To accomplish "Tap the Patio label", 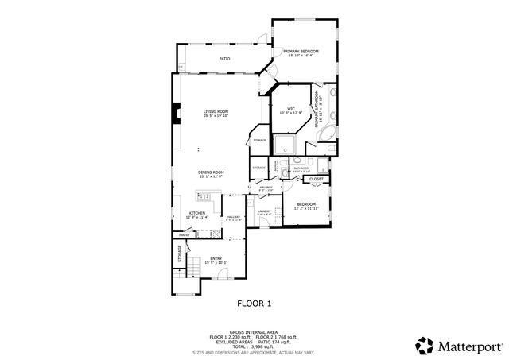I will pos(225,59).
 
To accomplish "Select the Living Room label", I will pos(215,111).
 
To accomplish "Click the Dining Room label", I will pos(211,172).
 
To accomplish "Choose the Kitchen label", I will pos(197,212).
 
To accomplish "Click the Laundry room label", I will pos(264,211).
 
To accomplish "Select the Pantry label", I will pos(184,235).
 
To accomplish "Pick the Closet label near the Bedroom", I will pos(316,180).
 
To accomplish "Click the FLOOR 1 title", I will pos(254,303).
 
